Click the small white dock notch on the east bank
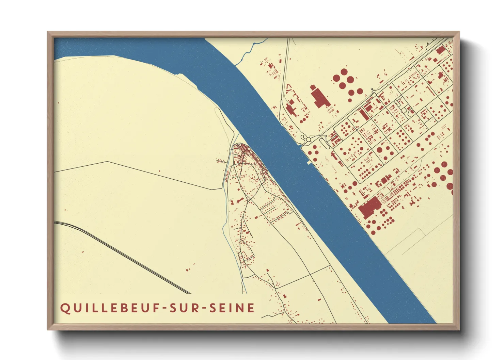pyautogui.click(x=309, y=163)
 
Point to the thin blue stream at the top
pyautogui.click(x=250, y=51)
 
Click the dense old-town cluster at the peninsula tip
pyautogui.click(x=243, y=153)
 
